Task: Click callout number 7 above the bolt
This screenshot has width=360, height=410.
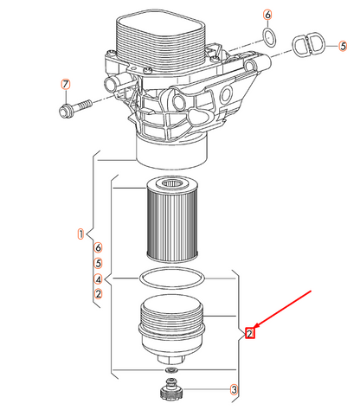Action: pos(66,84)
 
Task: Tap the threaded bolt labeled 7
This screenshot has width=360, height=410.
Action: pos(74,108)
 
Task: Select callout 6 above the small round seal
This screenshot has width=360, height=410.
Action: pos(267,15)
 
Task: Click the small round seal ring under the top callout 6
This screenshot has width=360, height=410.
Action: pos(269,37)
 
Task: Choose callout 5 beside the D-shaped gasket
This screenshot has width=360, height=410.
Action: pos(343,46)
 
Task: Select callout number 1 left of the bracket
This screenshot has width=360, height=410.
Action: pos(81,234)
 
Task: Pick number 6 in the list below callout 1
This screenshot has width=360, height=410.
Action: pos(99,247)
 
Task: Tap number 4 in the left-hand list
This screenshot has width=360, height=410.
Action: pos(99,279)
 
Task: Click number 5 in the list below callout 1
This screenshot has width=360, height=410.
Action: pos(99,263)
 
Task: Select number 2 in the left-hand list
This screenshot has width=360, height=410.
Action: pos(99,294)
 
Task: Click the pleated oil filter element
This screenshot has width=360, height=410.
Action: pos(172,220)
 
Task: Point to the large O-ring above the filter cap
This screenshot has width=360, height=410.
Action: pos(172,278)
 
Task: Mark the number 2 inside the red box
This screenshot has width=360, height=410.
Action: pos(249,334)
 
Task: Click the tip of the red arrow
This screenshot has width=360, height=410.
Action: pos(254,328)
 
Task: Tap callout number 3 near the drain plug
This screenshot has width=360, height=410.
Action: pos(235,390)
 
